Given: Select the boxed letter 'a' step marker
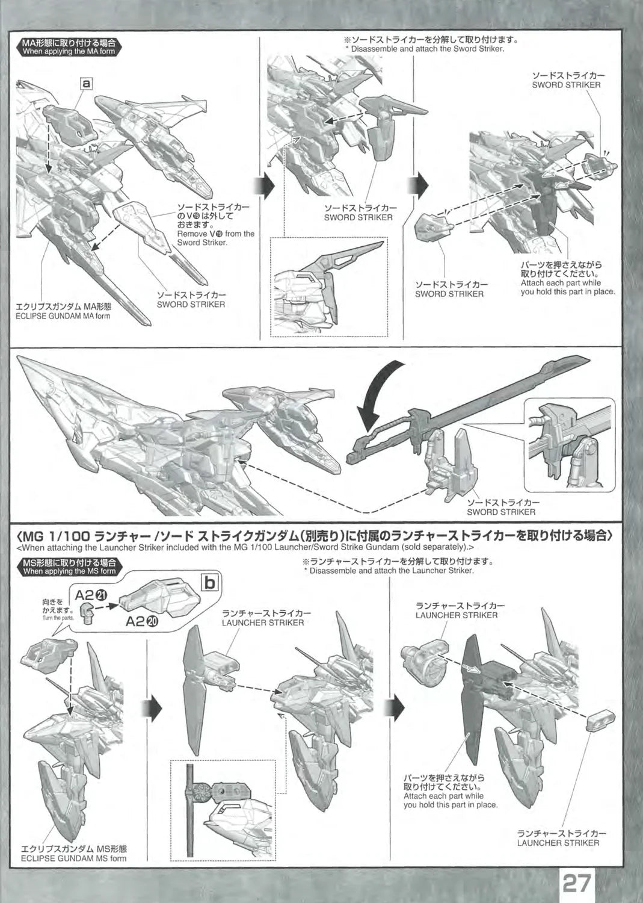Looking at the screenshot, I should coord(87,84).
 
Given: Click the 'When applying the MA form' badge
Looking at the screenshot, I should coord(68,48).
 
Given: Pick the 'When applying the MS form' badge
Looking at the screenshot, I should coord(68,566).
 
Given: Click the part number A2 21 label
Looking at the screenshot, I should coord(92,595).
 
